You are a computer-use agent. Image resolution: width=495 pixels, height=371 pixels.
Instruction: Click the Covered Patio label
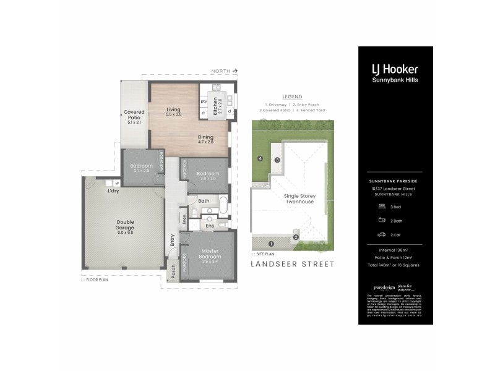[x=134, y=115]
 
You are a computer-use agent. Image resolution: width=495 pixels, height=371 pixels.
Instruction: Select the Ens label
[x=210, y=226]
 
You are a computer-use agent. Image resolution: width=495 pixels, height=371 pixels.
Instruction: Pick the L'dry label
[x=113, y=190]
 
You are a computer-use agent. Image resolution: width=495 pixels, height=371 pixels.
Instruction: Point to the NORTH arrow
[x=225, y=72]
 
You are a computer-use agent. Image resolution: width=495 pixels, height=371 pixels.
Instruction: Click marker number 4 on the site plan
[x=260, y=159]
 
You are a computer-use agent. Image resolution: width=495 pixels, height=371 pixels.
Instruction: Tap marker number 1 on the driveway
[x=270, y=244]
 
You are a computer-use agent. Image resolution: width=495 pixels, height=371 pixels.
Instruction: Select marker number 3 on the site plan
[x=278, y=160]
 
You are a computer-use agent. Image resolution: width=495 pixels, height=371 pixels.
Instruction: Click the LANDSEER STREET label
[x=292, y=264]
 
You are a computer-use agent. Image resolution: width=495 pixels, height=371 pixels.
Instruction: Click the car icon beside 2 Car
[x=381, y=234]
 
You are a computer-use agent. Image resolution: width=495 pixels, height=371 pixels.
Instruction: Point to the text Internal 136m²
[x=395, y=249]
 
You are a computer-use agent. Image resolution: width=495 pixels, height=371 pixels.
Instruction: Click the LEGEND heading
[x=292, y=97]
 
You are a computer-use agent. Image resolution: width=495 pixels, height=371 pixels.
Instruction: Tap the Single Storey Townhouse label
[x=299, y=199]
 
